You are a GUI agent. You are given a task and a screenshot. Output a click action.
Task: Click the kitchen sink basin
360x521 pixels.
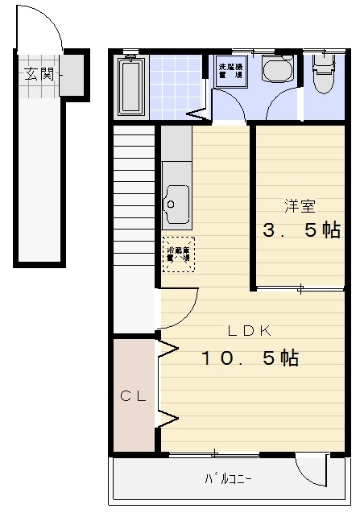[x=176, y=205]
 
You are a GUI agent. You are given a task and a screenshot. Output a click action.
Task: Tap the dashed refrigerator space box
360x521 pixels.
[x=178, y=254]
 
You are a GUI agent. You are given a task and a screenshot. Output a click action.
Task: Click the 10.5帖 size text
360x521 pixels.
[x=250, y=358]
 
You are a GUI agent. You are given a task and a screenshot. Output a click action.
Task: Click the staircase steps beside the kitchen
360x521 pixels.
[x=134, y=193]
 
